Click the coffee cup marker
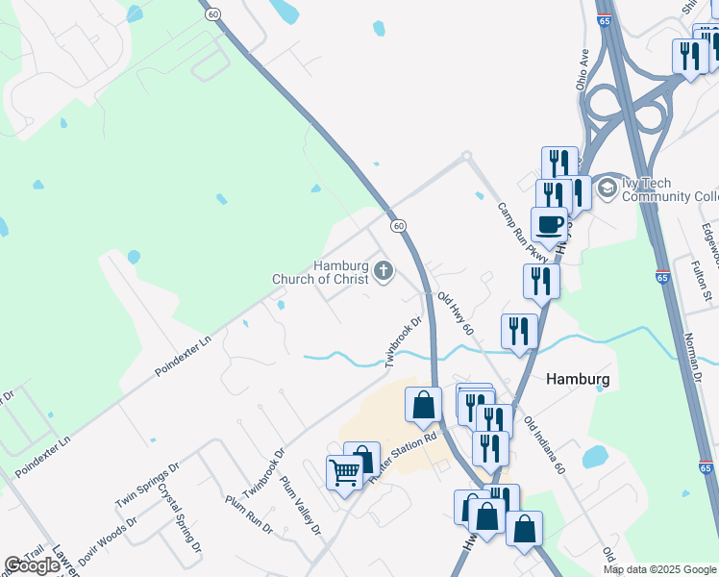click(549, 225)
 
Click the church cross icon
click(384, 271)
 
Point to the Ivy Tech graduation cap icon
click(607, 188)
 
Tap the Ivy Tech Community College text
click(669, 189)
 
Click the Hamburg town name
click(578, 379)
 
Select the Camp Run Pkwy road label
click(522, 231)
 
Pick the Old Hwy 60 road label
click(456, 314)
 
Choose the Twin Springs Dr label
click(147, 487)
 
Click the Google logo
click(32, 565)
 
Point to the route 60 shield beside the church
click(398, 225)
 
